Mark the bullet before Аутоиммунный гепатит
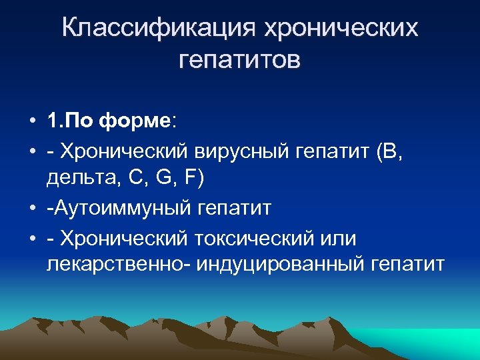click(33, 208)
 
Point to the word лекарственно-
click(116, 265)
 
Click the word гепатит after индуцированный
click(407, 265)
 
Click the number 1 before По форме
click(53, 122)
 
